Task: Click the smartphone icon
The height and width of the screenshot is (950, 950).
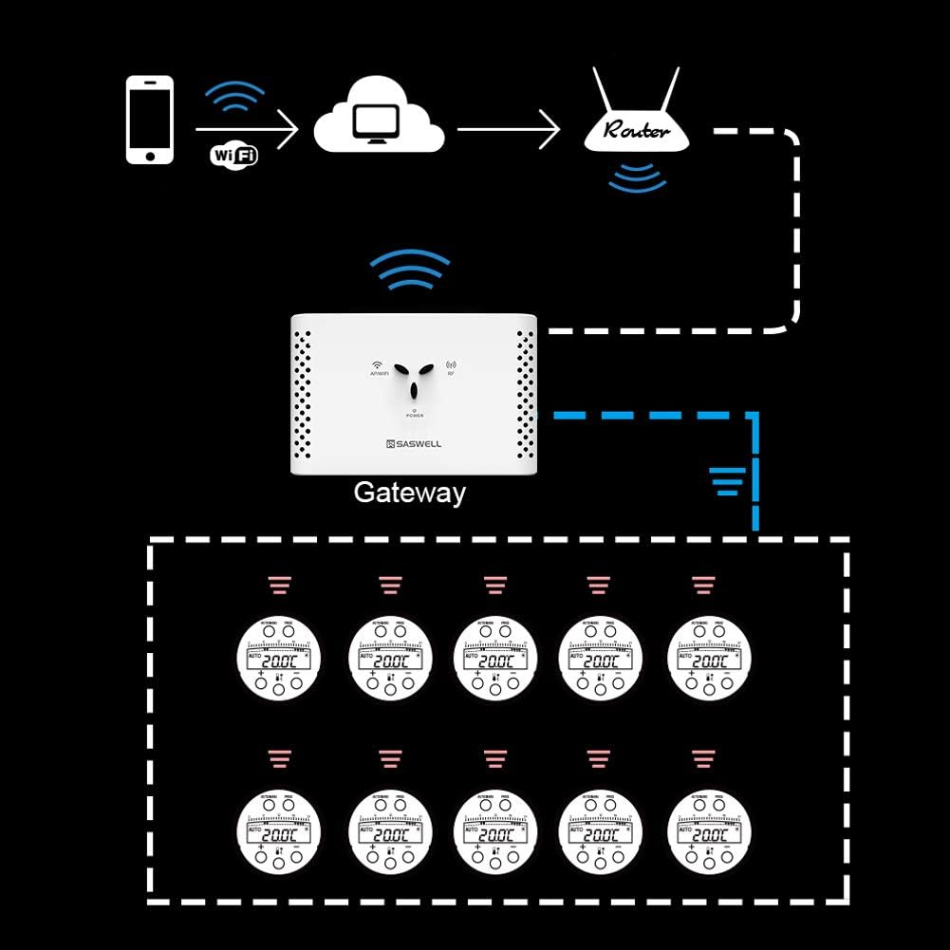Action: click(x=150, y=121)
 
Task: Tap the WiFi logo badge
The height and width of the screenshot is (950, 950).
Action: click(x=233, y=155)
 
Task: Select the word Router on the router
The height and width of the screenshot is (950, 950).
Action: click(x=636, y=131)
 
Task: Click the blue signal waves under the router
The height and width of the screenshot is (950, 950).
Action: click(x=636, y=177)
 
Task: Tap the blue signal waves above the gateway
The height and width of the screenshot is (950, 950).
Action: click(x=409, y=271)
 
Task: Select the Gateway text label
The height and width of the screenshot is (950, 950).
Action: click(x=409, y=493)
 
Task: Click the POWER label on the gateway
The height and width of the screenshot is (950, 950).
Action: click(x=415, y=416)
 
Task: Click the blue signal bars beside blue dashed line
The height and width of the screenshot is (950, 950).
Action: click(x=727, y=483)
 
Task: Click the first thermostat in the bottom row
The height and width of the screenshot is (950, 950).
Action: click(x=279, y=832)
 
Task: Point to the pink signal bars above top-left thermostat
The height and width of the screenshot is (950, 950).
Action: click(x=280, y=585)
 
